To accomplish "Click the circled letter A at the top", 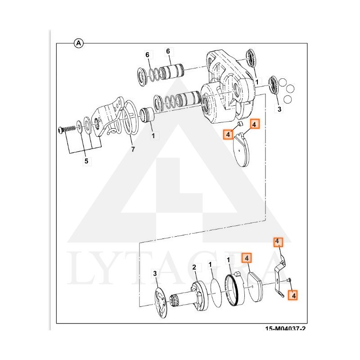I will (78, 43).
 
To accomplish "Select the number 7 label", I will (133, 149).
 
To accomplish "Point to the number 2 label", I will (194, 267).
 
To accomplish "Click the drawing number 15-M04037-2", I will (285, 329).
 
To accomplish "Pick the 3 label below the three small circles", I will (279, 109).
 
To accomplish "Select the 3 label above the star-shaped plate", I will (155, 273).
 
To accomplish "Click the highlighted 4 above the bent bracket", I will (278, 242).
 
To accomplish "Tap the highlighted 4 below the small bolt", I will (293, 296).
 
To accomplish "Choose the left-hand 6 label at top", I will (147, 55).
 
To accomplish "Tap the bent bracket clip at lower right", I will (281, 274).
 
